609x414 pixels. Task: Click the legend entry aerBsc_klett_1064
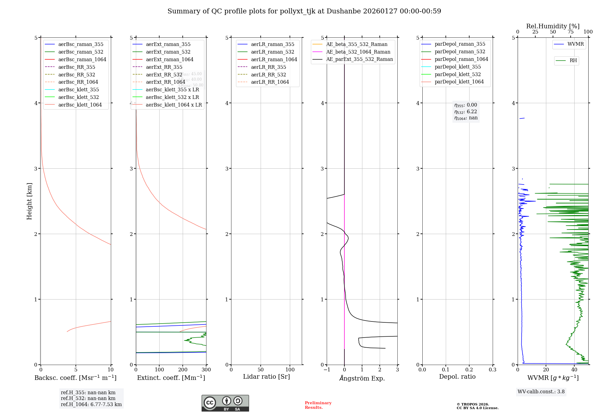point(80,105)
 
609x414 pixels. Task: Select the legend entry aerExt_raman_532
point(168,52)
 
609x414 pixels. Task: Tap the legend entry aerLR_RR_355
point(268,67)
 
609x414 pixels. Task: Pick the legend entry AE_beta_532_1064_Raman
point(358,52)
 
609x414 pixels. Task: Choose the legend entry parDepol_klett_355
point(458,67)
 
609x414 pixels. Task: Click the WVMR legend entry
point(575,44)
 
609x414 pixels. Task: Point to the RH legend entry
point(573,61)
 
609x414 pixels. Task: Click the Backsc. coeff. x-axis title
point(76,378)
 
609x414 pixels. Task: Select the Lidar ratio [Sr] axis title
point(266,377)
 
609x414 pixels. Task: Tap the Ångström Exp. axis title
point(362,378)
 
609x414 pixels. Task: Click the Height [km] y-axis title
point(29,201)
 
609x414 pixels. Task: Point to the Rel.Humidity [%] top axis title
point(553,26)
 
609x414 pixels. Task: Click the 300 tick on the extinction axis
point(206,370)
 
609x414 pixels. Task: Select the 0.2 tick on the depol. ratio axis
point(469,370)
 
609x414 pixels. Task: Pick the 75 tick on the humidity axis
point(571,32)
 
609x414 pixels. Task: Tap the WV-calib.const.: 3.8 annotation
point(541,392)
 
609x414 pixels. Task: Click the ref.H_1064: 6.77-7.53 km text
point(91,405)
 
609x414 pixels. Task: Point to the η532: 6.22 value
point(466,112)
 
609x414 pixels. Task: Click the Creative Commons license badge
point(225,403)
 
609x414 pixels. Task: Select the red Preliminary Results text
point(318,405)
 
